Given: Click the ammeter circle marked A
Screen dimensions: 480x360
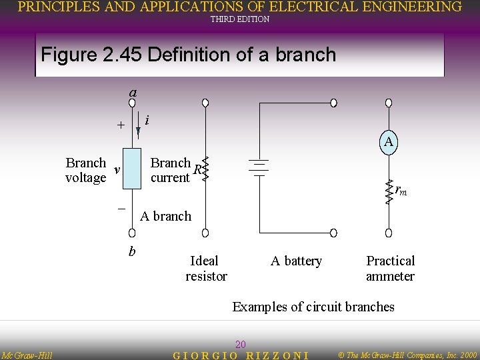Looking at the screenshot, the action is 389,142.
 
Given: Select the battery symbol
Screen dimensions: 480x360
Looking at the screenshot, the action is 258,168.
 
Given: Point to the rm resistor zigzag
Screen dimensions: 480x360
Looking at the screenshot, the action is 389,191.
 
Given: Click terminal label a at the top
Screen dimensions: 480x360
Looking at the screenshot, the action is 133,93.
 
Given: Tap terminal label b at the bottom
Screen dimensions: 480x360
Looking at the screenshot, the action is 132,251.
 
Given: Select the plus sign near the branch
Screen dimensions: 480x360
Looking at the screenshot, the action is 120,125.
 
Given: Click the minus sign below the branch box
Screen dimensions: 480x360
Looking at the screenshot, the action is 121,209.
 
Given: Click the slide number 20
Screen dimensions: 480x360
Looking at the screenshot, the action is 241,344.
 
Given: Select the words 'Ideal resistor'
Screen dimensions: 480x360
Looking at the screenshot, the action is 206,268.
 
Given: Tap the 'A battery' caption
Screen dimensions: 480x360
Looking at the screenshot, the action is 296,261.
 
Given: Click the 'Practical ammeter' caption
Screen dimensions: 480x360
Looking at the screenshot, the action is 390,268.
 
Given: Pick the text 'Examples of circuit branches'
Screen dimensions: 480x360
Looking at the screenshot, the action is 313,307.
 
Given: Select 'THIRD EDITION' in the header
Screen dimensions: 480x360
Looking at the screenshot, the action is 240,19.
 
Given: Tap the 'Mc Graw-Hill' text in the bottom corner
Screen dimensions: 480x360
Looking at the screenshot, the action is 27,355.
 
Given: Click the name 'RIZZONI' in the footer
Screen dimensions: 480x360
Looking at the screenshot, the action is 278,355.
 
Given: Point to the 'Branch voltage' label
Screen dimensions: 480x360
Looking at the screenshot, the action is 86,170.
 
